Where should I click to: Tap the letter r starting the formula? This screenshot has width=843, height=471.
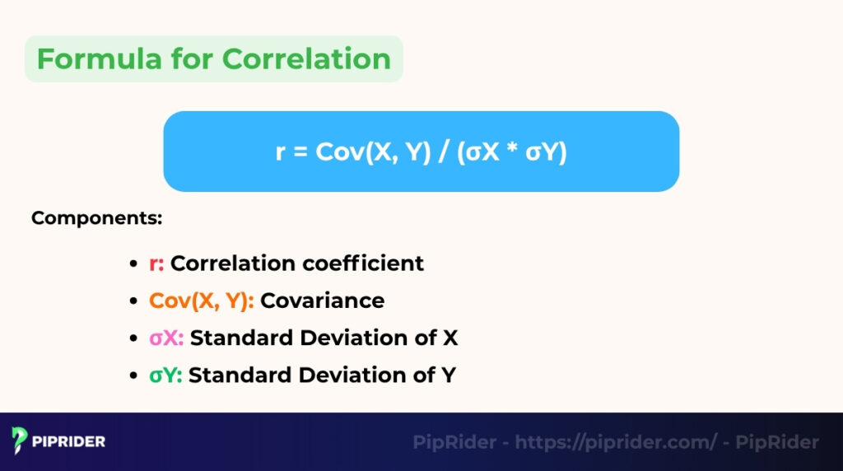tap(281, 154)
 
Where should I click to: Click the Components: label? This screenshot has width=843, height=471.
tap(97, 219)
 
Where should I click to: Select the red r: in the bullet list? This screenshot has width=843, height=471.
tap(156, 263)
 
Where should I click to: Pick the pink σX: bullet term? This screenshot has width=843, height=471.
tap(166, 338)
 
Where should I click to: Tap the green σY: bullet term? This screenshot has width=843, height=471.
tap(165, 375)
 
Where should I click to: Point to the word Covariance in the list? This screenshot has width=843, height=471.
tap(322, 301)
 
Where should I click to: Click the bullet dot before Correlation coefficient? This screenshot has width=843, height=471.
tap(133, 264)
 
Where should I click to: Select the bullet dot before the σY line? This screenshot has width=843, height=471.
tap(133, 375)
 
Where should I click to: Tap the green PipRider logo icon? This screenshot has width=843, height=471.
tap(20, 441)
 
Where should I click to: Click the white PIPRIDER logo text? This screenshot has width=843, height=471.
tap(69, 441)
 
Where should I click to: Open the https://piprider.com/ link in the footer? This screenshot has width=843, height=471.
tap(616, 442)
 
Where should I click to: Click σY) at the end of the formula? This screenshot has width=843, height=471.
tap(547, 152)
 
